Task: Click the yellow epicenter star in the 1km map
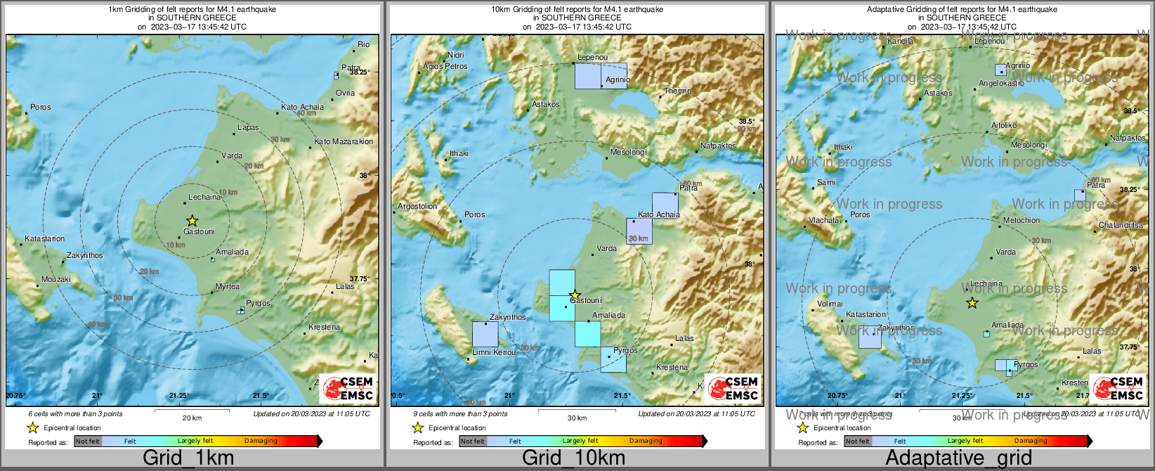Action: pos(192,221)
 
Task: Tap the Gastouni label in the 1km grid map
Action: pos(199,231)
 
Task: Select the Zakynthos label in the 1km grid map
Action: pos(84,255)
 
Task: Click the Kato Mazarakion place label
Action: pos(344,141)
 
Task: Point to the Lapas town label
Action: pos(248,128)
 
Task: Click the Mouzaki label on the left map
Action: pos(56,279)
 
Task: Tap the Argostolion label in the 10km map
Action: pos(417,206)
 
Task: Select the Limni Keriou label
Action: pos(493,352)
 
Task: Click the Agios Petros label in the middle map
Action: pos(445,66)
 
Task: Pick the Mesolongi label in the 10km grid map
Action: pos(628,152)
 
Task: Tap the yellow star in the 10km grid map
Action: pos(575,295)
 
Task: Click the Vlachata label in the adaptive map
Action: pos(823,220)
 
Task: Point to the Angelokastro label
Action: pos(1001,83)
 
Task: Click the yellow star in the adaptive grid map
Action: pos(972,303)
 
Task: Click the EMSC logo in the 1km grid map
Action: pos(347,389)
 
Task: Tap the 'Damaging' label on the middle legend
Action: pos(646,441)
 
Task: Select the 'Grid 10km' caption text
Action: pos(573,458)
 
